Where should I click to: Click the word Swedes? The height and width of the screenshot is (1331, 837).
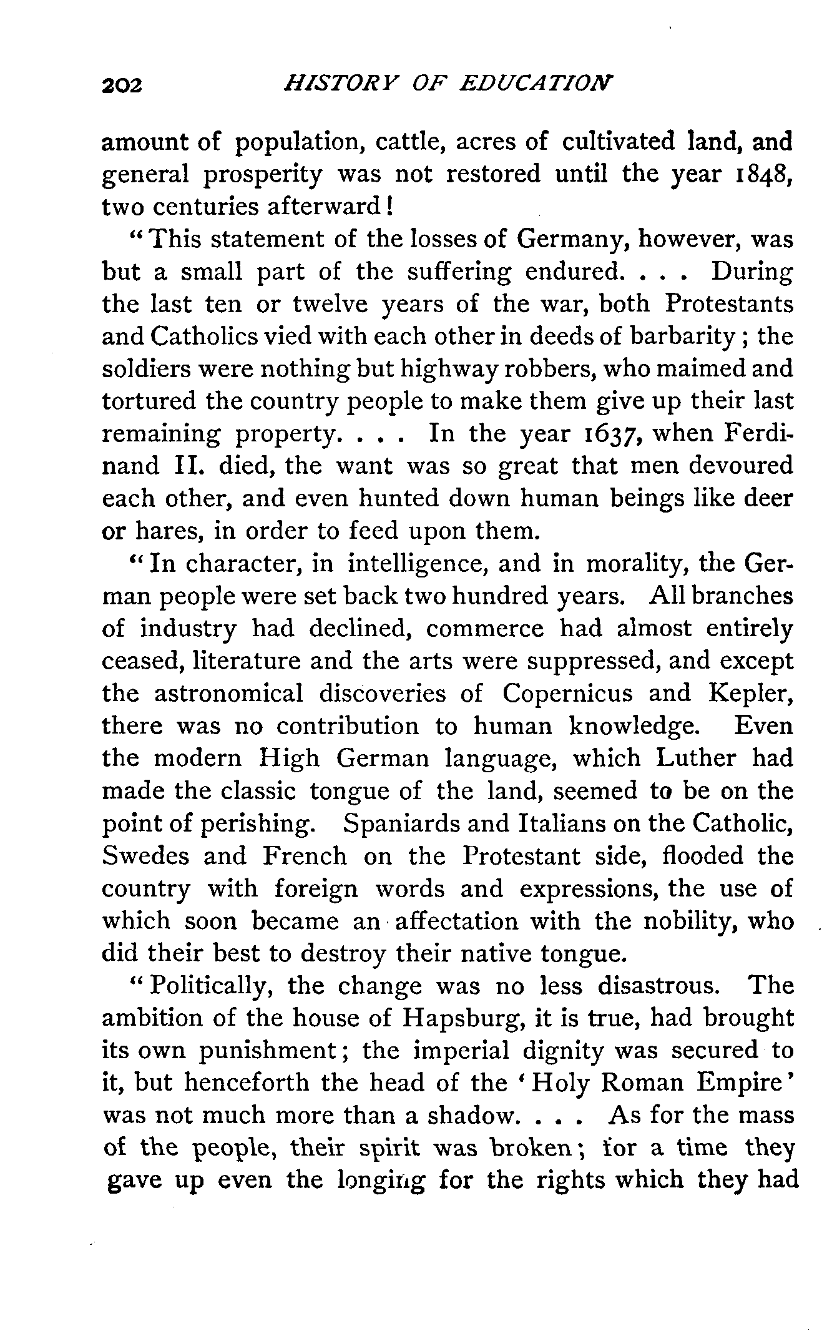click(x=145, y=855)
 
